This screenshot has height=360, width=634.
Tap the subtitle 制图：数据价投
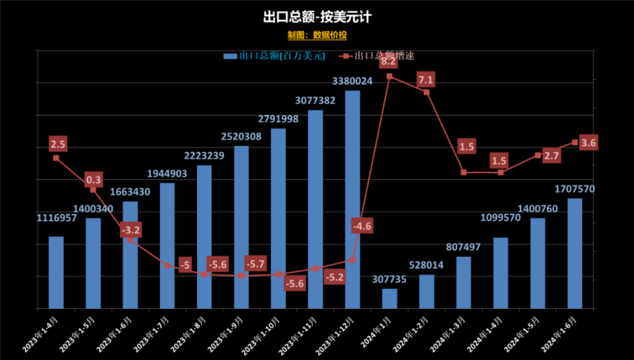pyautogui.click(x=317, y=35)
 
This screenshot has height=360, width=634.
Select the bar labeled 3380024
pyautogui.click(x=353, y=199)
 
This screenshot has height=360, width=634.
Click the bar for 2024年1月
pyautogui.click(x=390, y=298)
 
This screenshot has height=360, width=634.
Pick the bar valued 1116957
pyautogui.click(x=56, y=272)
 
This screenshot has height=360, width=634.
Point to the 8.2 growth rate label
pyautogui.click(x=388, y=62)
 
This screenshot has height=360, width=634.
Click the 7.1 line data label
pyautogui.click(x=426, y=80)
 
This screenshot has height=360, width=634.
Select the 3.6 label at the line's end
pyautogui.click(x=588, y=143)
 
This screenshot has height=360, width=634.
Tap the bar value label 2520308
pyautogui.click(x=241, y=137)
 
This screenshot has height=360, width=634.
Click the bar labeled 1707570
pyautogui.click(x=575, y=253)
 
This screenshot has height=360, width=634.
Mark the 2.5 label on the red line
pyautogui.click(x=58, y=143)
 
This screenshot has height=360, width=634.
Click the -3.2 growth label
pyautogui.click(x=131, y=230)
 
